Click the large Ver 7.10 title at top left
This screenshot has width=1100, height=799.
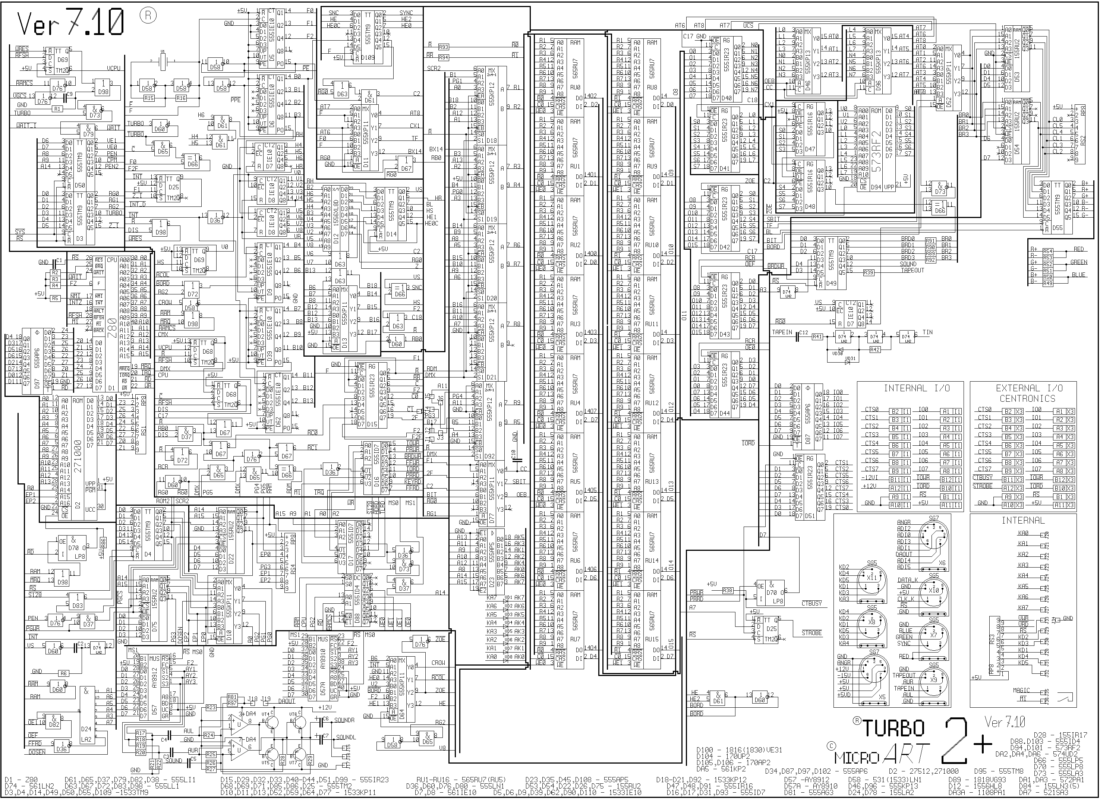(70, 23)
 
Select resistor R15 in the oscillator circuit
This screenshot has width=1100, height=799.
(149, 98)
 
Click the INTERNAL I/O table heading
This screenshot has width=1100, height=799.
(910, 388)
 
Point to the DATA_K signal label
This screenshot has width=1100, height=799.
(907, 580)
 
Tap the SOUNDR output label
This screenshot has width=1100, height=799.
(345, 720)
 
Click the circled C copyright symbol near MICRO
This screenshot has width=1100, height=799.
(831, 746)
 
